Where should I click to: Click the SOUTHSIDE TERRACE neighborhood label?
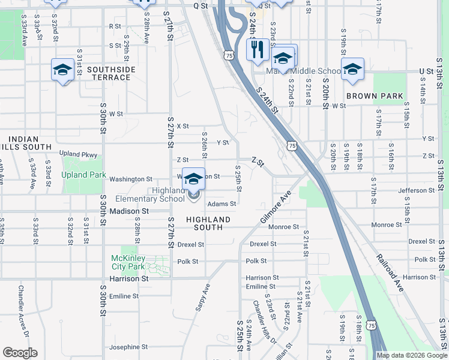(x=111, y=73)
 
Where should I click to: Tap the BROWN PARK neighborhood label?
(x=375, y=96)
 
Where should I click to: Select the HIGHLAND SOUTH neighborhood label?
(x=208, y=223)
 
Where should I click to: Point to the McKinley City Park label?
(x=128, y=262)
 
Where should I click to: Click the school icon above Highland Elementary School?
(x=193, y=179)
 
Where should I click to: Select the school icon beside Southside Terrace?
(x=62, y=70)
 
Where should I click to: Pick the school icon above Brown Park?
(x=352, y=68)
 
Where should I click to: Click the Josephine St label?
(x=128, y=347)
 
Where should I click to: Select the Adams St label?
(x=221, y=203)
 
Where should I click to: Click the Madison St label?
(x=128, y=211)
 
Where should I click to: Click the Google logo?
(x=20, y=353)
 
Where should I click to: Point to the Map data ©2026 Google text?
(x=412, y=355)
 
